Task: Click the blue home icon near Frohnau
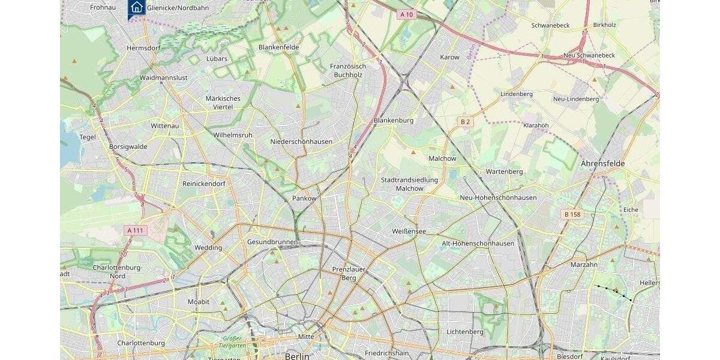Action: tap(136, 8)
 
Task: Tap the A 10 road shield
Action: tap(406, 14)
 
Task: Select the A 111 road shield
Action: tap(136, 230)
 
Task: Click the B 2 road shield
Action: tap(465, 122)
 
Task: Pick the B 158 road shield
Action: tap(573, 214)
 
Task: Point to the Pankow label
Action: tap(304, 198)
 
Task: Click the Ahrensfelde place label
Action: tap(602, 163)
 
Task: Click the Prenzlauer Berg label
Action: tap(349, 274)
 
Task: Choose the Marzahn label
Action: tap(584, 265)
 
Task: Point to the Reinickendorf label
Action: tap(204, 184)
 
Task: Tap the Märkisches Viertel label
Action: tap(223, 103)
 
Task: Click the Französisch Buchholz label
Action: tap(348, 70)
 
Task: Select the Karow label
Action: tap(449, 58)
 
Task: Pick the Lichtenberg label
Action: tap(465, 332)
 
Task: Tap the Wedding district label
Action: tap(208, 248)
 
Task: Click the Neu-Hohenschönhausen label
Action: tap(498, 197)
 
